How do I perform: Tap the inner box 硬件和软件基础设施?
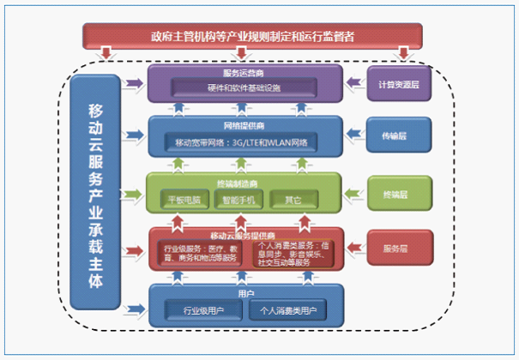click(x=244, y=87)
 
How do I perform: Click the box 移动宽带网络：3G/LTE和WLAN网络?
click(x=244, y=141)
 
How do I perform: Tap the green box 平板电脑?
click(x=184, y=201)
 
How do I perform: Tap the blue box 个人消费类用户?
click(x=288, y=311)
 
